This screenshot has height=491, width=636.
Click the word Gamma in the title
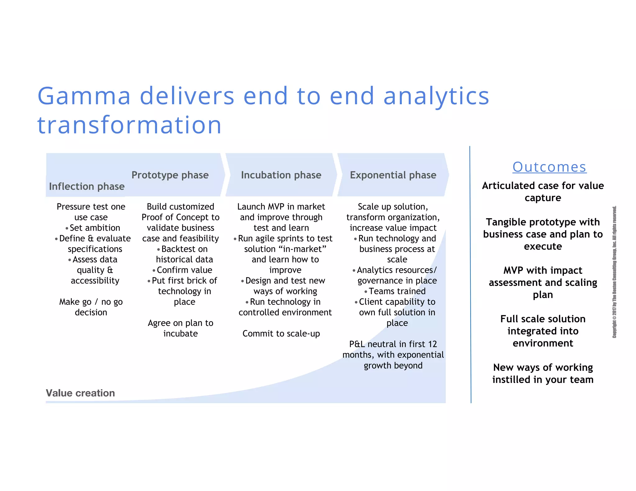tap(84, 96)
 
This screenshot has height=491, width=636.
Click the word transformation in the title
tap(129, 125)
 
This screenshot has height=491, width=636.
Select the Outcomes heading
tap(549, 167)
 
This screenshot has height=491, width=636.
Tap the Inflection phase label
tap(87, 186)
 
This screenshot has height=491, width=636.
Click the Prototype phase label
tap(170, 175)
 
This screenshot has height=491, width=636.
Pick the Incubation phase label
tap(281, 175)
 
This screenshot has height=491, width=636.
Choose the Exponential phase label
tap(393, 175)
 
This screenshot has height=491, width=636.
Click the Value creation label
tap(80, 393)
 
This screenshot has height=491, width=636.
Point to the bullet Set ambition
tap(94, 228)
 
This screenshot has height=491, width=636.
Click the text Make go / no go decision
tap(91, 307)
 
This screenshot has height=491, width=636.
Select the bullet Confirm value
tap(184, 270)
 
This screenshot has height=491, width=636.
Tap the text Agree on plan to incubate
tap(180, 328)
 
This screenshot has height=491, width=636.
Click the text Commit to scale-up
tap(281, 334)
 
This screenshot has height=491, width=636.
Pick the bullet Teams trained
tap(397, 291)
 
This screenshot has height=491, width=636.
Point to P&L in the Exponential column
tap(357, 344)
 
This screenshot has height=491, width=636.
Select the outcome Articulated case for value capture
tap(543, 191)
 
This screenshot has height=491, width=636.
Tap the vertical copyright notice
tap(614, 272)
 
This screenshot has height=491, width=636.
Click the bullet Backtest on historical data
tap(184, 254)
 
